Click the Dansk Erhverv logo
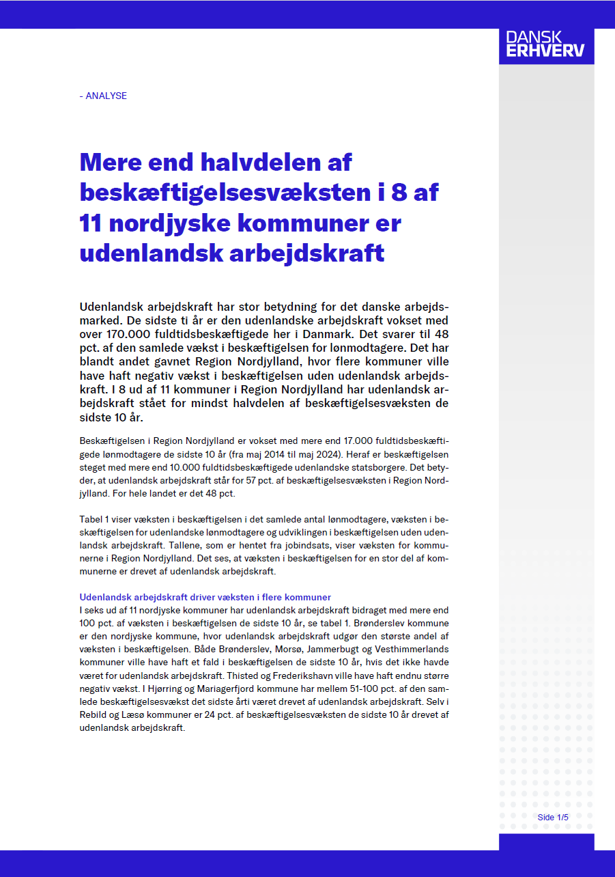(x=545, y=44)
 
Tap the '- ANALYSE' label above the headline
(x=103, y=96)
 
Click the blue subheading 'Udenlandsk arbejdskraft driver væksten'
(x=205, y=597)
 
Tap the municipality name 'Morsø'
(x=237, y=649)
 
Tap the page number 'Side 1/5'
(x=552, y=818)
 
